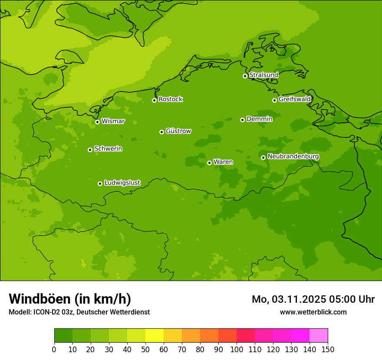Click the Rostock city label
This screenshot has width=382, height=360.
170,99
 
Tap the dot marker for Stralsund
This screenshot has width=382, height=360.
245,76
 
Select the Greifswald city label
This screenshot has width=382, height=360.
294,99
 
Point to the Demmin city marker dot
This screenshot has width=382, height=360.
242,120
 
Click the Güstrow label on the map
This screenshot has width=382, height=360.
178,131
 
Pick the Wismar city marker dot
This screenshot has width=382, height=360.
97,122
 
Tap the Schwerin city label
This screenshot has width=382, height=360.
108,149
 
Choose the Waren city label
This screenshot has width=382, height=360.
223,162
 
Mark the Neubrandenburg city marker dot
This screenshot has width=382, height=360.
263,157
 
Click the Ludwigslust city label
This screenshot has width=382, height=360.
122,183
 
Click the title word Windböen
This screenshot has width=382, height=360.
40,299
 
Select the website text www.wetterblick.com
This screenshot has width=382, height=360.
313,312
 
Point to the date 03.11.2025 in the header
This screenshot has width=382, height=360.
299,299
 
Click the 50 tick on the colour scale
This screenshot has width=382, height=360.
145,349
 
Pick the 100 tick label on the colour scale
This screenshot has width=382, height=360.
237,349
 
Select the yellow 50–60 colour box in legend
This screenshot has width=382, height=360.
155,335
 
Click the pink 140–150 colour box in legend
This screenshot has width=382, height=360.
319,335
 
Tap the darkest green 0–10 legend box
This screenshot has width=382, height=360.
63,335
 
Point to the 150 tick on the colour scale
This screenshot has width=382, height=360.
328,349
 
